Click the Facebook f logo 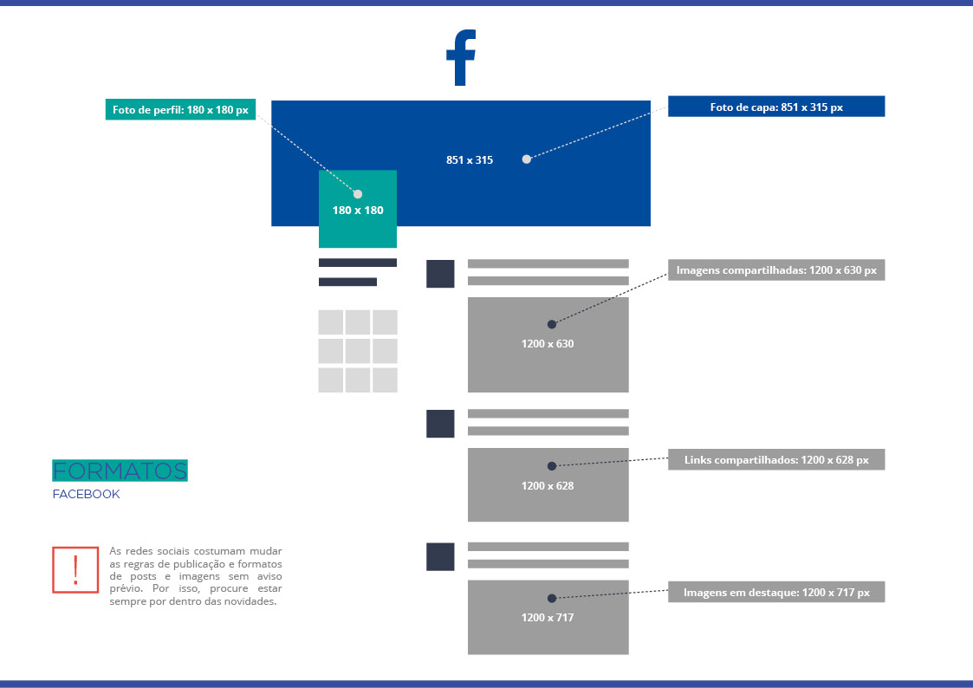click(x=461, y=58)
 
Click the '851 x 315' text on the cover click(x=470, y=160)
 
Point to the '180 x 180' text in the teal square click(x=358, y=210)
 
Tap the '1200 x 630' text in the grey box click(x=548, y=344)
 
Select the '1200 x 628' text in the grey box click(x=548, y=486)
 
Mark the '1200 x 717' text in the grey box click(x=548, y=618)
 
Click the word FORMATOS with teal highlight click(x=120, y=471)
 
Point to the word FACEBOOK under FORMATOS click(x=86, y=495)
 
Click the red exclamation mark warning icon click(x=75, y=569)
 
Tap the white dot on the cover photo click(x=526, y=159)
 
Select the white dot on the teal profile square click(x=358, y=194)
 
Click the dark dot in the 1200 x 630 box click(x=552, y=324)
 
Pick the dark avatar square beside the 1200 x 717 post click(x=440, y=556)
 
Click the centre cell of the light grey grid click(x=358, y=351)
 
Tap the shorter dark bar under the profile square click(x=347, y=282)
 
